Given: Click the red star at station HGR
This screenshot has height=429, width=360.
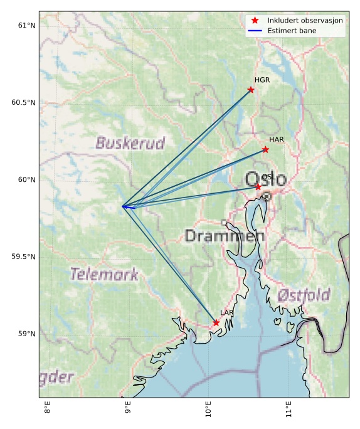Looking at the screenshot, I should [251, 90].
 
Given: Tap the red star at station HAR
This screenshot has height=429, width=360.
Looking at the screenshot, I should [265, 149].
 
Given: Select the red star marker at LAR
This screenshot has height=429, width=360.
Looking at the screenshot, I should [216, 322].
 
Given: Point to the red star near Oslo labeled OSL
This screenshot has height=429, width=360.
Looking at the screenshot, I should [258, 187].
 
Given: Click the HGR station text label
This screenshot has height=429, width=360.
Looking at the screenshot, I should [262, 80].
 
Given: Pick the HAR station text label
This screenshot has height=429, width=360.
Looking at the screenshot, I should [277, 139].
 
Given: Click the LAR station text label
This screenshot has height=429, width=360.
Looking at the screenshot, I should [226, 312].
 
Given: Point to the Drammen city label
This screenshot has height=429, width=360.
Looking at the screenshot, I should [225, 236].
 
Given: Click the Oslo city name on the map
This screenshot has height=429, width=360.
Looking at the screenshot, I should [267, 180].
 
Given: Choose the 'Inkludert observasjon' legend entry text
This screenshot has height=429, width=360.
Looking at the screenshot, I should [305, 20].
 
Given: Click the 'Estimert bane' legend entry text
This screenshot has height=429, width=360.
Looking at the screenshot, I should [292, 30].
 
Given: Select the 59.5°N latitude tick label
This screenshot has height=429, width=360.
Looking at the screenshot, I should [24, 257].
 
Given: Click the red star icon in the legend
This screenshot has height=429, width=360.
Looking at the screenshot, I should [255, 20].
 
